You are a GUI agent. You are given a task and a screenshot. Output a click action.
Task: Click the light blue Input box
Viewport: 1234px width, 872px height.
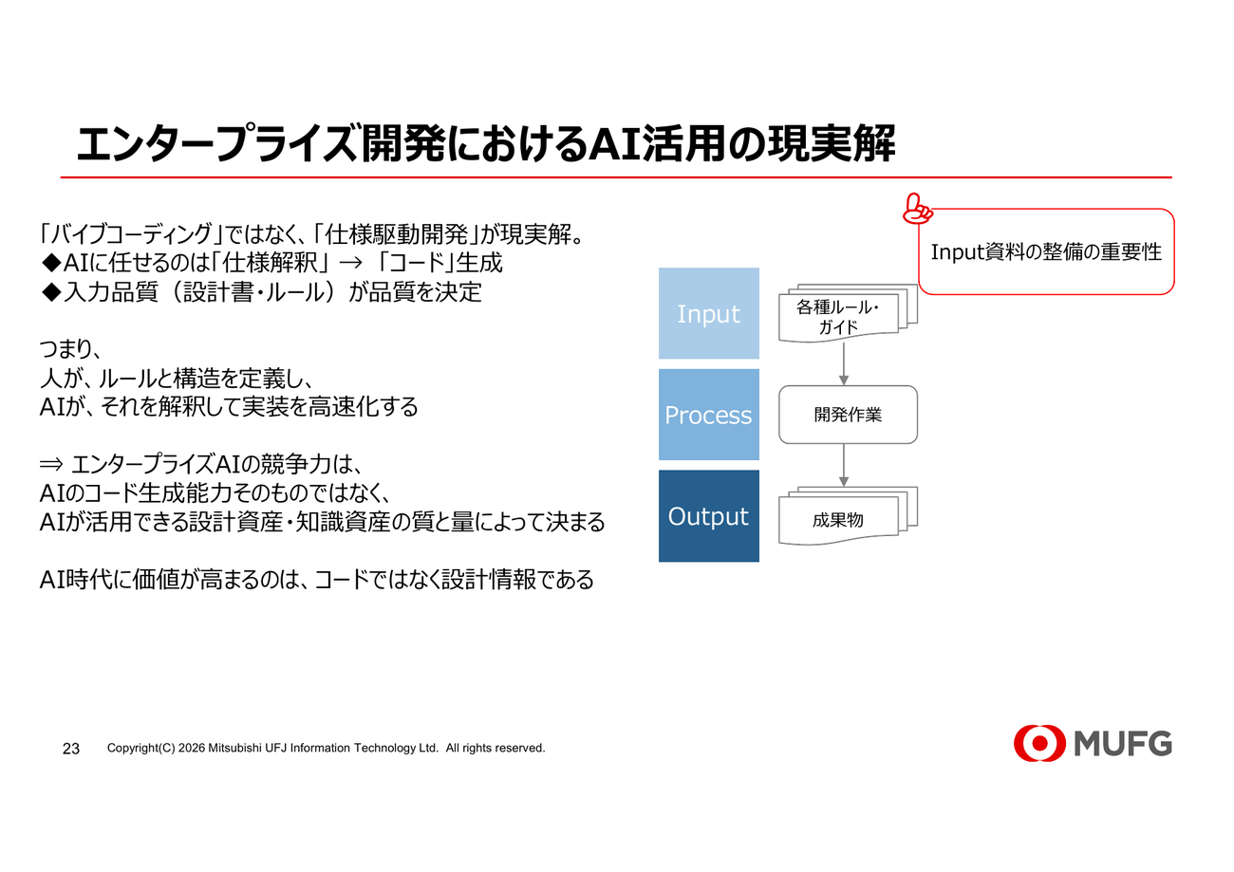coord(708,313)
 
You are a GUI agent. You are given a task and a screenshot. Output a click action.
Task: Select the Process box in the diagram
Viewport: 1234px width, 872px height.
coord(708,415)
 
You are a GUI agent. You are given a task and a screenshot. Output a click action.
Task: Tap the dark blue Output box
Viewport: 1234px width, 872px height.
coord(708,516)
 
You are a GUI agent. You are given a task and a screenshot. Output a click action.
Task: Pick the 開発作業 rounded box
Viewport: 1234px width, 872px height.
coord(848,415)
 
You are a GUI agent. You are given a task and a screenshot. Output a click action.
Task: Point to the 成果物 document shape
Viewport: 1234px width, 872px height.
coord(848,516)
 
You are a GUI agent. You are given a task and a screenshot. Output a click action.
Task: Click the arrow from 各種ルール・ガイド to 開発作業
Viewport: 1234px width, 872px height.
coord(844,363)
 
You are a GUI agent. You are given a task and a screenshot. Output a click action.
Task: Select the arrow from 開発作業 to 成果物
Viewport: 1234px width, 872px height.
coord(844,465)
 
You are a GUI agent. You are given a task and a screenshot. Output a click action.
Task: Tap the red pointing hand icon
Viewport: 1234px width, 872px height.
coord(917,209)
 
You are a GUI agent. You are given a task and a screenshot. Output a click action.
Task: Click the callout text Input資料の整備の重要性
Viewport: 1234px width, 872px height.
coord(1046,252)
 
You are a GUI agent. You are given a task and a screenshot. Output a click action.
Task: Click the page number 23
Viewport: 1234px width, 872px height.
coord(71,749)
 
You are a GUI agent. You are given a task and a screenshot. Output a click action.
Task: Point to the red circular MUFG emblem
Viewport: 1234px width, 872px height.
coord(1039,743)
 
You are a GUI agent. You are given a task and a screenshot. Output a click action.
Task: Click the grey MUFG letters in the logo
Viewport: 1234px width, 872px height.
coord(1123,744)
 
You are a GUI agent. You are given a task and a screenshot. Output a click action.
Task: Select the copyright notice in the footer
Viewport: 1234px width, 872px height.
coord(327,748)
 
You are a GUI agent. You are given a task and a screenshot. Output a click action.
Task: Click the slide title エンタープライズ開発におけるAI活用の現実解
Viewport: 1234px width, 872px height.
coord(485,144)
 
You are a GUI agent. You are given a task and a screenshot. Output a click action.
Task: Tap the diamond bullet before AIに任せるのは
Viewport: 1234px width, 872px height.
coord(51,263)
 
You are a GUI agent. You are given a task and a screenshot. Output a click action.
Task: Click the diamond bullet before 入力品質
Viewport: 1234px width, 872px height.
coord(51,292)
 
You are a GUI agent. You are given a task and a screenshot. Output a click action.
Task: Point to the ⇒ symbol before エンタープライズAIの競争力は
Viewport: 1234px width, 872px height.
coord(51,465)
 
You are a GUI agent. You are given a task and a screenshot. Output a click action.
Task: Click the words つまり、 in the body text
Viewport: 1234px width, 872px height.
coord(70,348)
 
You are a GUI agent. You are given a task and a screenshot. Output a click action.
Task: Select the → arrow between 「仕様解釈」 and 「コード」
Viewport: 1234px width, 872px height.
coord(351,263)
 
